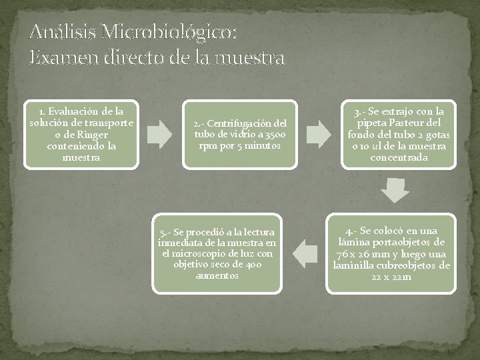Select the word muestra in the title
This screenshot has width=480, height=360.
[x=249, y=57]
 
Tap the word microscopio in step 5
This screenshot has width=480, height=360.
[x=200, y=253]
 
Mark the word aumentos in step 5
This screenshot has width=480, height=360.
[x=217, y=275]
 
